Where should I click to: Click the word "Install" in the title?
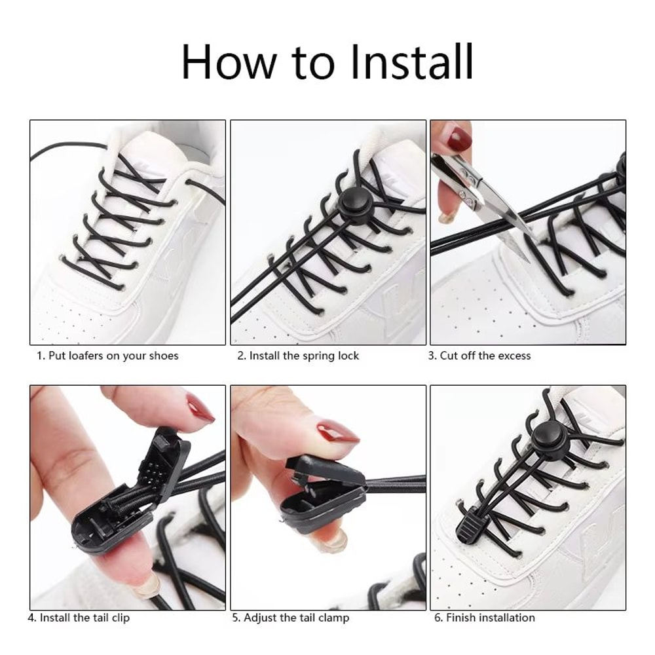[411, 62]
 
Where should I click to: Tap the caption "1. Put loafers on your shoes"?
[107, 356]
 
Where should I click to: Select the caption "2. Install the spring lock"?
[298, 356]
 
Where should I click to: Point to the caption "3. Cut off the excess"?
[479, 356]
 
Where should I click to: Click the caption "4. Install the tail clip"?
[79, 618]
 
